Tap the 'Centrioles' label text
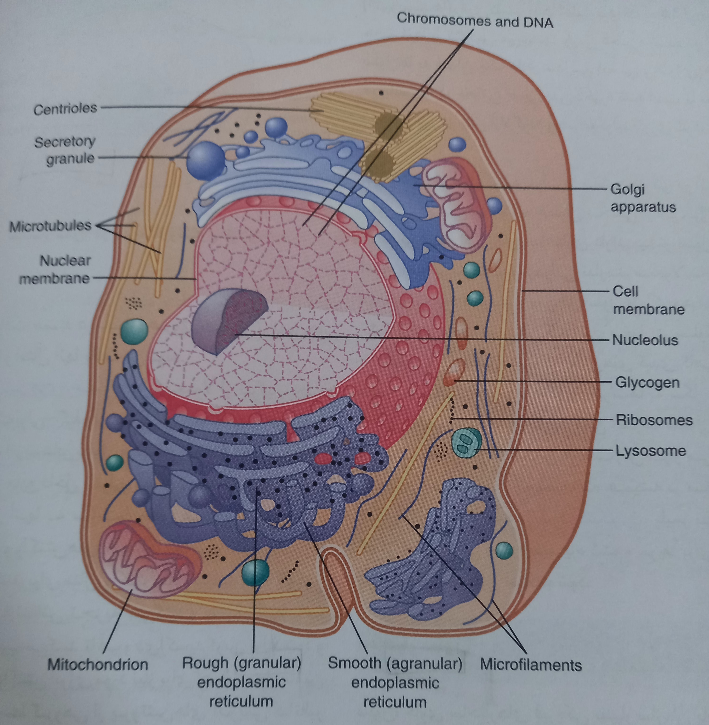[65, 109]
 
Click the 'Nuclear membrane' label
[56, 269]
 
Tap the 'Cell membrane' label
[648, 300]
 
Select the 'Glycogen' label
[647, 382]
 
